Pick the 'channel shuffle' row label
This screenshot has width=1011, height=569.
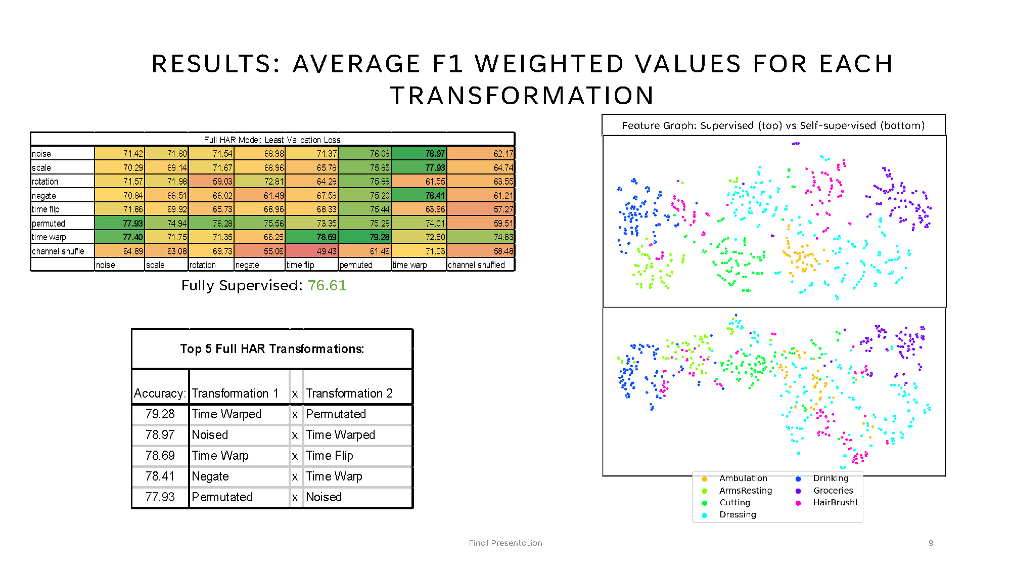tap(58, 251)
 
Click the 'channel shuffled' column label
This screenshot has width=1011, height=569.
tap(476, 265)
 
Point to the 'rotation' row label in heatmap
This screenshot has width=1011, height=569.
tap(45, 182)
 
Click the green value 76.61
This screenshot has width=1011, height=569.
tap(327, 286)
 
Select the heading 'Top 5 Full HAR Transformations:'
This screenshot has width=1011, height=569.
tap(272, 349)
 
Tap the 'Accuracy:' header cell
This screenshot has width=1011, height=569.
tap(160, 393)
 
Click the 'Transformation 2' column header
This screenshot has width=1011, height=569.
tap(349, 393)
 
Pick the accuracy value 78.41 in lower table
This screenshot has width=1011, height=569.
tap(160, 476)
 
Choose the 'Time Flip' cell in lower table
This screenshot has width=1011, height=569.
tap(330, 456)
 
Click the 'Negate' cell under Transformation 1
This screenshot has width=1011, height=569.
tap(210, 476)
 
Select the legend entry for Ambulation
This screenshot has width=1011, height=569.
tap(743, 478)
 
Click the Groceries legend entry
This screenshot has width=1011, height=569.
tap(833, 491)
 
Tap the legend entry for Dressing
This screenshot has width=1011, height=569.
tap(738, 515)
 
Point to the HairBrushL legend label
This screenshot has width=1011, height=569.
tap(836, 503)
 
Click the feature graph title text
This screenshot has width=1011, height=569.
tap(773, 125)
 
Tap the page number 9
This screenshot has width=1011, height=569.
tap(931, 543)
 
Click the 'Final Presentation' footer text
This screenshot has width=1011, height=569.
tap(505, 543)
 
